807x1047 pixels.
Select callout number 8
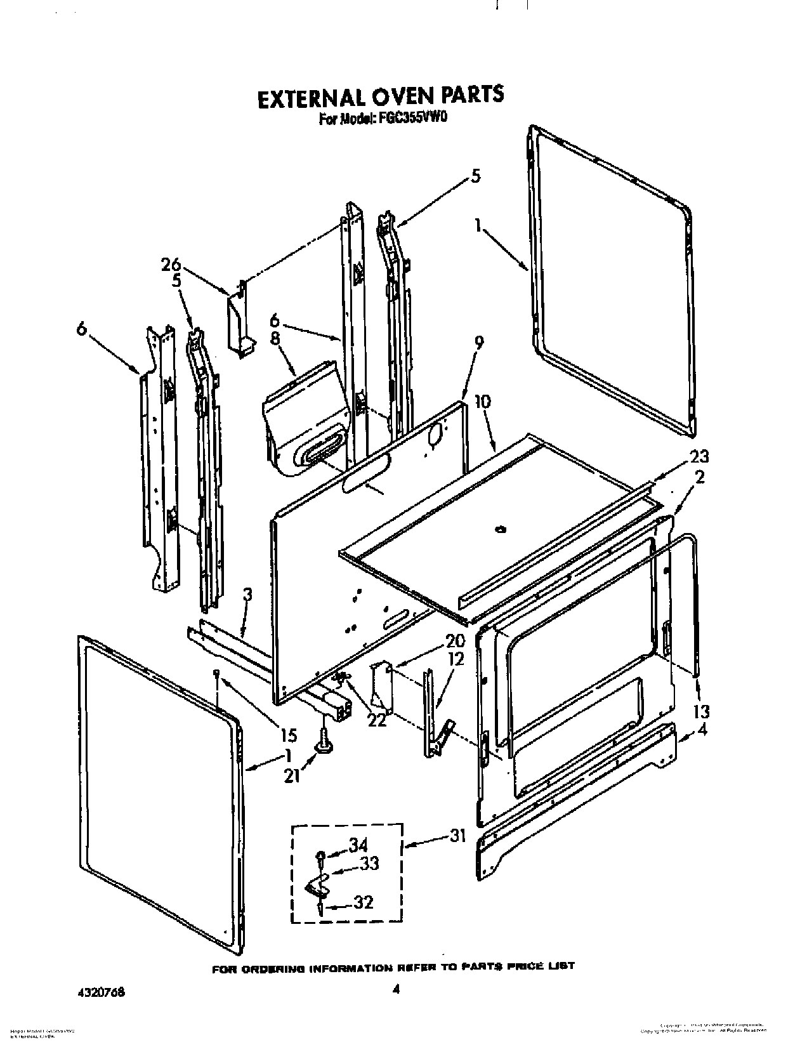pos(275,339)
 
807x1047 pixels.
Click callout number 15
pos(287,735)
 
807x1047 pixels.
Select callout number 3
pos(248,595)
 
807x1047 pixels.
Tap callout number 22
pos(377,720)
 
